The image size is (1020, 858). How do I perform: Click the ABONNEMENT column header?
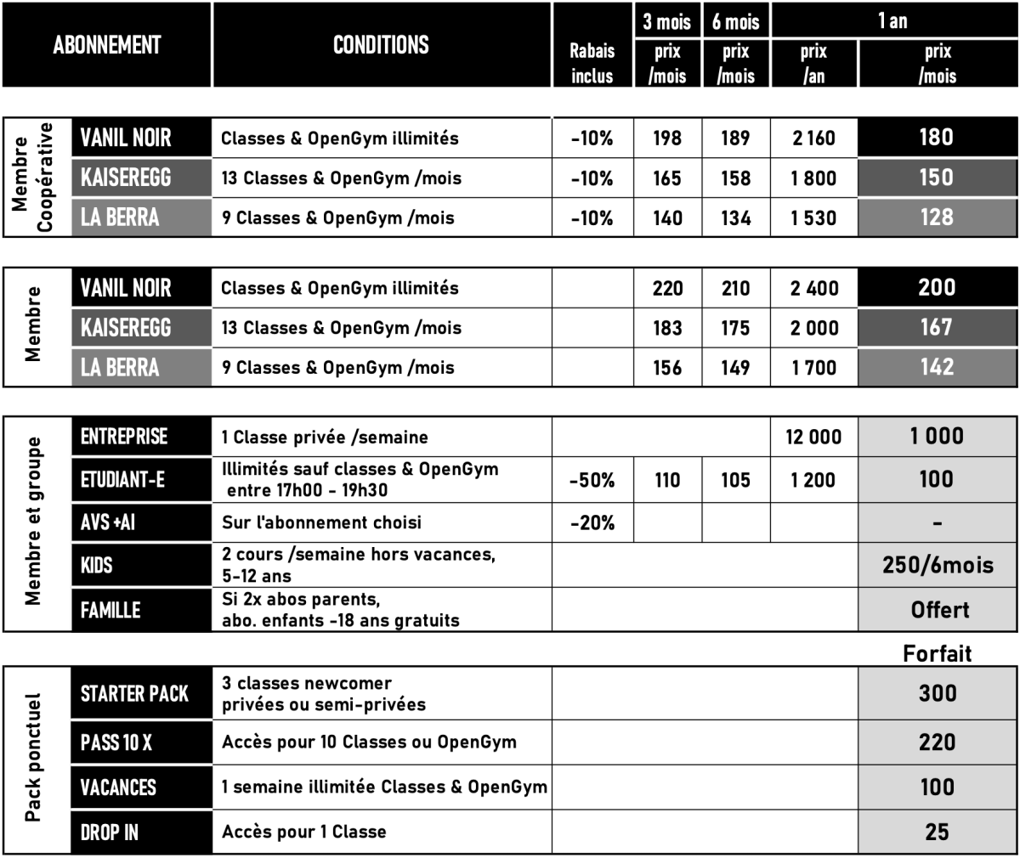(106, 45)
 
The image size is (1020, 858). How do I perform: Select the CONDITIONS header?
(381, 45)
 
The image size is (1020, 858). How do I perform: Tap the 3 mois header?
(667, 20)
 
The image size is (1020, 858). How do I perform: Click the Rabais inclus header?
(592, 64)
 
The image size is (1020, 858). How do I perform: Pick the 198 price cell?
(667, 138)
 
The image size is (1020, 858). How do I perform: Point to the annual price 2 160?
(813, 138)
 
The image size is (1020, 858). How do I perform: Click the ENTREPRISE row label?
(124, 437)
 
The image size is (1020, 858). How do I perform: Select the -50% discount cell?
(592, 480)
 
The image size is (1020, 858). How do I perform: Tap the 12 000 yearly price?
(813, 437)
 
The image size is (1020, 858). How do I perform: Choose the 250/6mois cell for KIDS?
(938, 565)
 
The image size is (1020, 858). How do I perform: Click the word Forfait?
(937, 653)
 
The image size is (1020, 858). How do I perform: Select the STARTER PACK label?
(134, 694)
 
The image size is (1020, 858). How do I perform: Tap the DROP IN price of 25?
(937, 832)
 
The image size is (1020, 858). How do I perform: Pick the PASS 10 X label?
(116, 742)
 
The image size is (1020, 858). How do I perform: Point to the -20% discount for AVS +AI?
(592, 523)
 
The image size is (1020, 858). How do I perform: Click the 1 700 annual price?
(813, 368)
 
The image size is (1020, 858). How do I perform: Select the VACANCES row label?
(118, 787)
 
